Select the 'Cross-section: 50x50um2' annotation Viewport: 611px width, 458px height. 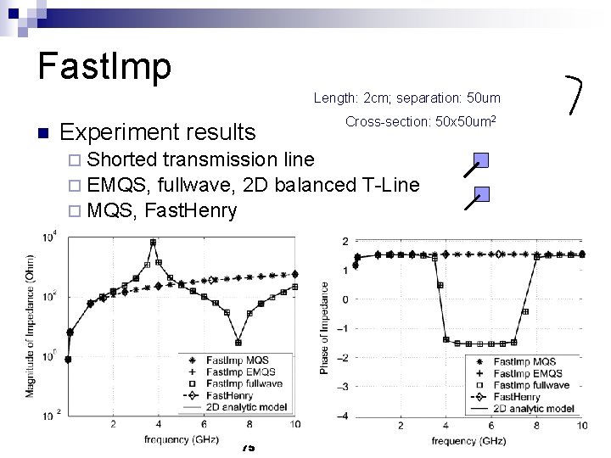pos(420,122)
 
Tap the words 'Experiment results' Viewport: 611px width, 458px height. pos(158,132)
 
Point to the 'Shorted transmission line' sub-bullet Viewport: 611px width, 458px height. pos(200,159)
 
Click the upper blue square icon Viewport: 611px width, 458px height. pos(481,159)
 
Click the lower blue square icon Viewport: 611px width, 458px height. pos(481,193)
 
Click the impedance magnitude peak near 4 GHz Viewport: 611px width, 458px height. pos(153,243)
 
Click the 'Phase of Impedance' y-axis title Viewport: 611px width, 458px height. pos(325,327)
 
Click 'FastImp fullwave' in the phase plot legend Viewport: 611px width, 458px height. pos(530,385)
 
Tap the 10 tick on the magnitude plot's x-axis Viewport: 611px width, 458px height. pos(294,424)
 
